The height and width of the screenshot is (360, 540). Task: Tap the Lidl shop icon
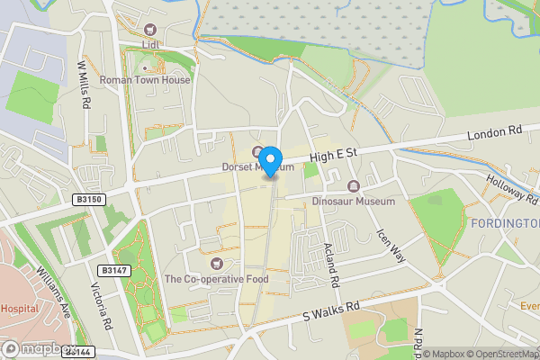coord(149,29)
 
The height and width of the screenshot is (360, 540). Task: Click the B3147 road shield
coord(112,270)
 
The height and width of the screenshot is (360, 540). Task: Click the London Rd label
coord(495,132)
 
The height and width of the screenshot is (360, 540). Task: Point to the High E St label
coord(334,156)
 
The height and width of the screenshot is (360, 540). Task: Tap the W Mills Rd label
coord(85,85)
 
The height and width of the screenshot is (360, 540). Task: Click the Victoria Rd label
coord(101,306)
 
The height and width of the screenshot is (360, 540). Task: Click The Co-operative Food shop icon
coord(217,264)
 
